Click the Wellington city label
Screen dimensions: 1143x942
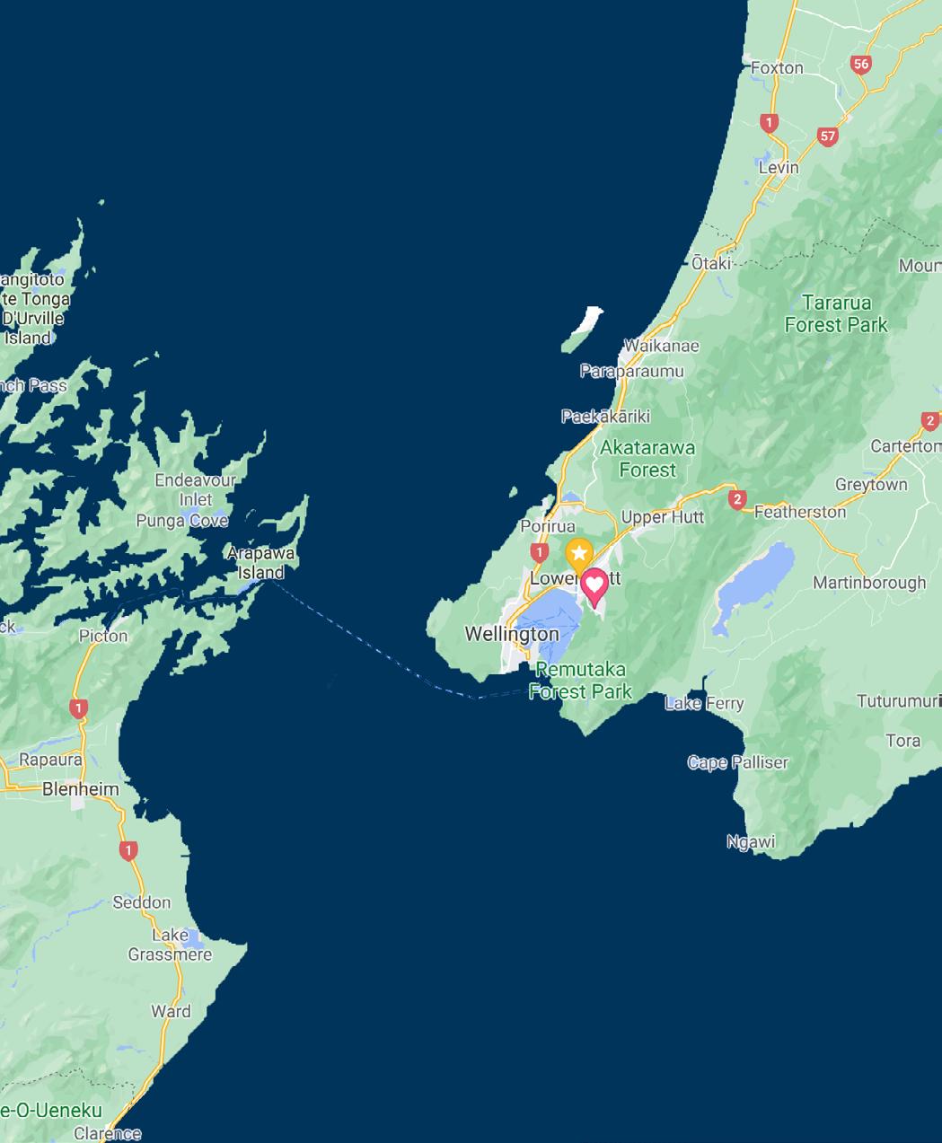tap(511, 634)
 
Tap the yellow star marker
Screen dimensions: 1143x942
tap(579, 553)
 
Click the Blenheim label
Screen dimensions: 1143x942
tap(81, 789)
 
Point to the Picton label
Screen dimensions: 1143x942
tap(103, 636)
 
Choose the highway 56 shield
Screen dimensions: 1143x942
tap(861, 64)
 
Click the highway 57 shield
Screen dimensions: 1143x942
tap(827, 136)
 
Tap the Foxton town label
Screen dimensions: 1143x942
tap(777, 68)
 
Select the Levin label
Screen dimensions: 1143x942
tap(778, 168)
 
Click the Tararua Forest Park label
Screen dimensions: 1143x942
tap(836, 313)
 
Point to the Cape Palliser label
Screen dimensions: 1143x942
tap(737, 762)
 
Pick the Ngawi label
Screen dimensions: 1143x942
tap(751, 842)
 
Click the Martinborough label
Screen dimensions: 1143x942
tap(868, 583)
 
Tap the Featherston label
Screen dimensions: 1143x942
tap(800, 512)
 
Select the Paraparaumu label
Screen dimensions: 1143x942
tap(631, 371)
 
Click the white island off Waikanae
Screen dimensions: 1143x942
tap(584, 329)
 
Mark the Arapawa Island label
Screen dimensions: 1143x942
tap(260, 563)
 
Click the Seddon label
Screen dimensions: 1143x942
tap(142, 902)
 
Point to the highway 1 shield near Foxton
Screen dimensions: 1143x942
tap(768, 123)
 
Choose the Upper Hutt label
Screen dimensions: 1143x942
tap(663, 517)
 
